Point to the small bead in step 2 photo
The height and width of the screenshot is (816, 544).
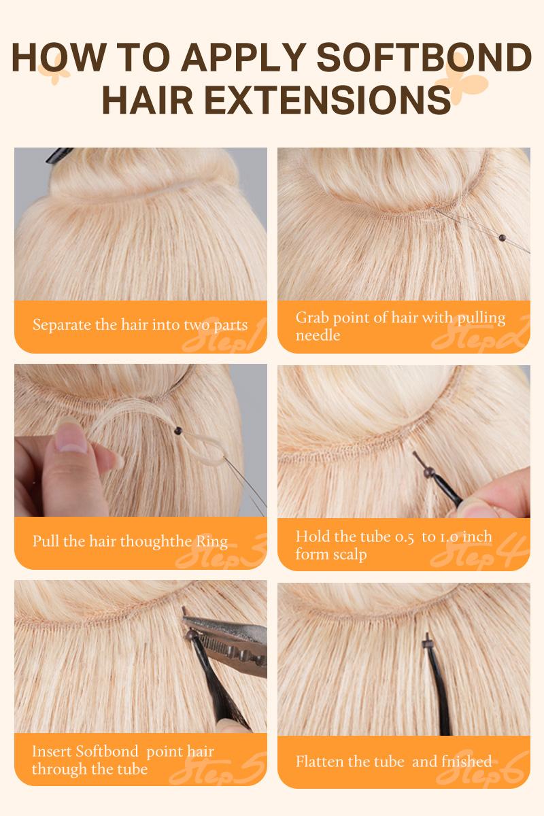pos(503,237)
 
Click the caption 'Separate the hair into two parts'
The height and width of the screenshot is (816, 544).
pos(140,324)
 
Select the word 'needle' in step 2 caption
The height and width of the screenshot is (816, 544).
pos(318,335)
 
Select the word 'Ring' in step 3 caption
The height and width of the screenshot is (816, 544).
pos(212,542)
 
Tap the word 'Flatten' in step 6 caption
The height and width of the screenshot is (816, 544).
pos(320,761)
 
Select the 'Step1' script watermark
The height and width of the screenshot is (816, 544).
pos(224,336)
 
